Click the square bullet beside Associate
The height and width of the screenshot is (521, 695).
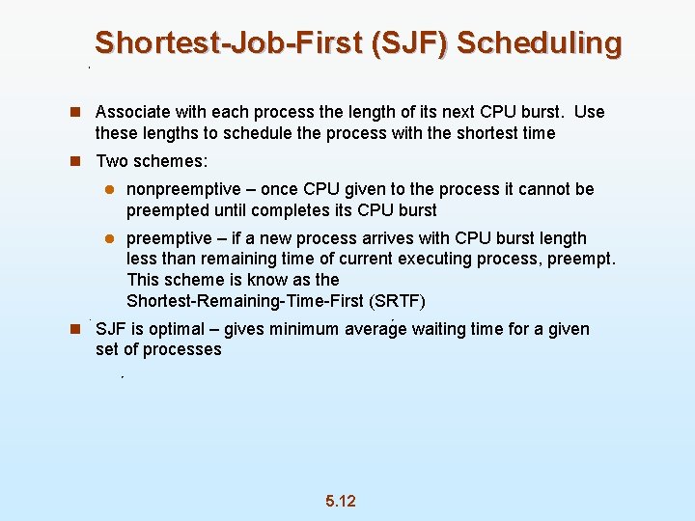74,112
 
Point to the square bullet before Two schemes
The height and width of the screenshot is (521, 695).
74,161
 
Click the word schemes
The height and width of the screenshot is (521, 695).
175,161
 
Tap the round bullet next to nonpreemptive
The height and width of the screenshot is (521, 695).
110,190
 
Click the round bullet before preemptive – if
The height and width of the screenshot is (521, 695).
110,238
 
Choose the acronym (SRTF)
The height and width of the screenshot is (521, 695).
399,300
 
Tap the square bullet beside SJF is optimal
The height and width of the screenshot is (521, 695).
74,329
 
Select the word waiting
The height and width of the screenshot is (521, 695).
443,329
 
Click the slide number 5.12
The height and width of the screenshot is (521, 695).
341,501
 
